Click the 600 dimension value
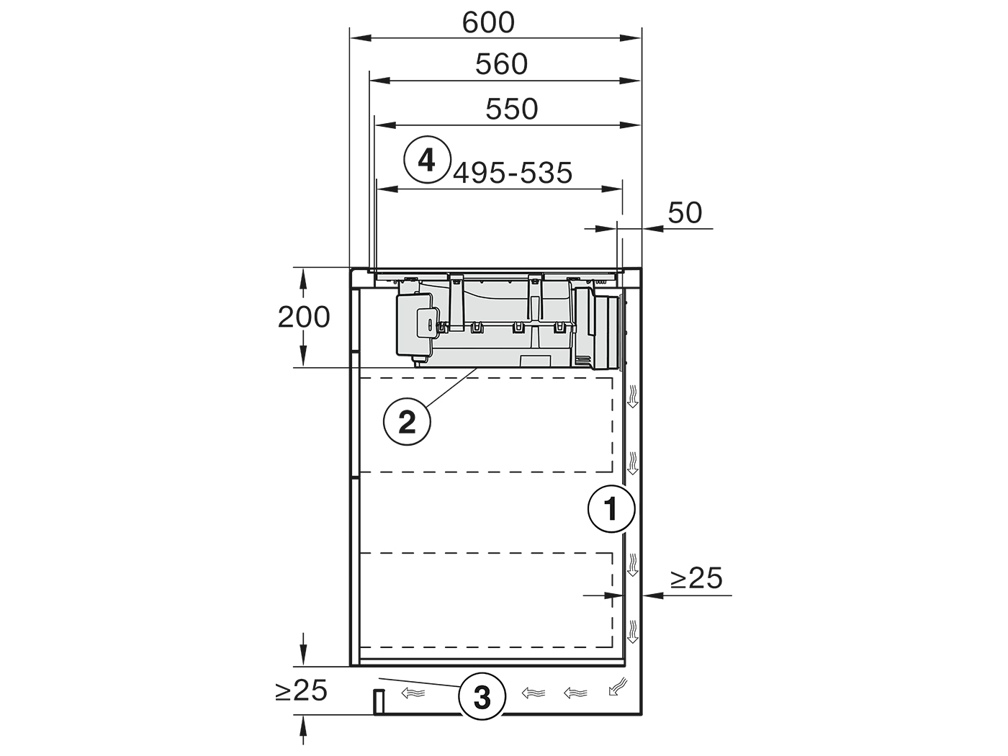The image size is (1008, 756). click(487, 22)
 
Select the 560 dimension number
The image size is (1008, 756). click(501, 64)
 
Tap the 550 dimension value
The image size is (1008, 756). click(512, 109)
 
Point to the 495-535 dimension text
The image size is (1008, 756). click(513, 173)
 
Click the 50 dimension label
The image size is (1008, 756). click(685, 212)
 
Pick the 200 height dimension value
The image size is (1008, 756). click(304, 317)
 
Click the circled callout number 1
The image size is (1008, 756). click(611, 508)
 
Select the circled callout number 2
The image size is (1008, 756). click(407, 421)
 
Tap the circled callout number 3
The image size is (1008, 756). click(482, 696)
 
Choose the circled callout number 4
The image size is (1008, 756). click(427, 159)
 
